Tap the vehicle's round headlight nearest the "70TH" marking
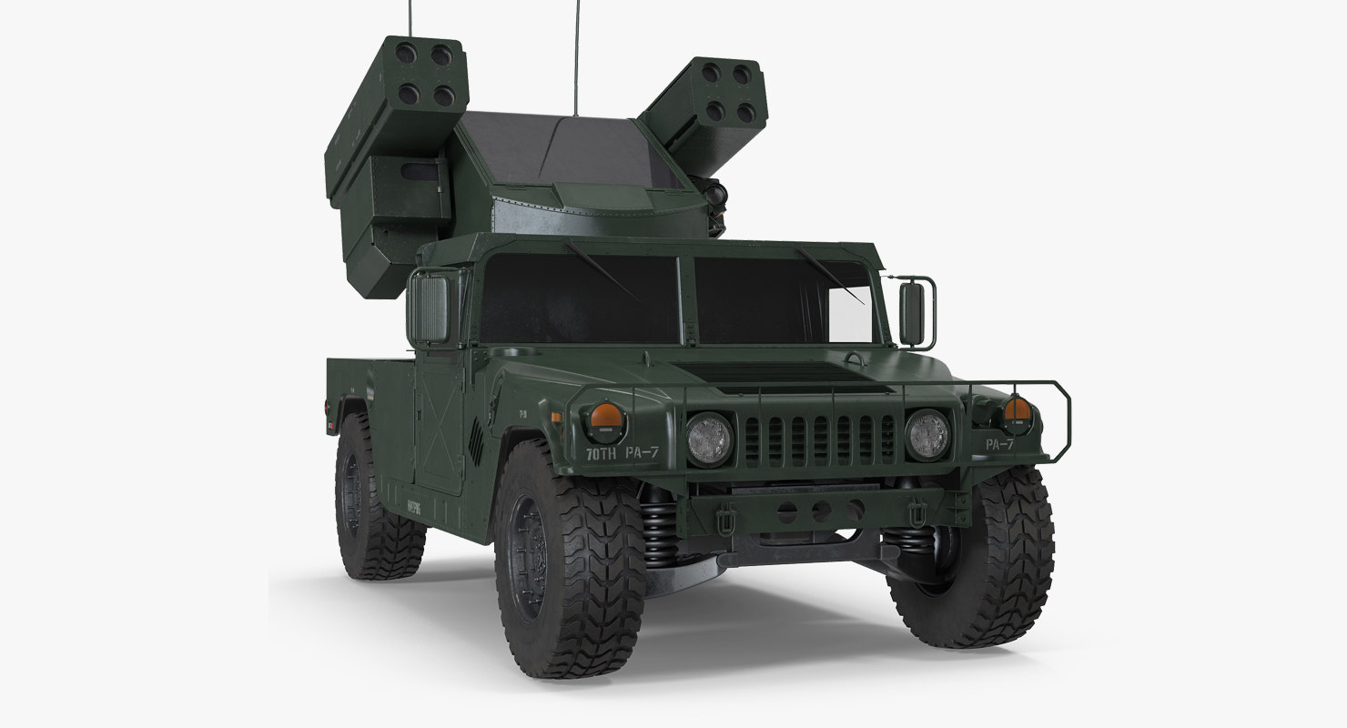click(709, 438)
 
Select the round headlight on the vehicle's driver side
click(927, 434)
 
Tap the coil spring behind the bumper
click(661, 531)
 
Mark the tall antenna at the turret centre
click(575, 55)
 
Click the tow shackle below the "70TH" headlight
click(726, 521)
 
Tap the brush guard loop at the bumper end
click(1047, 423)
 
